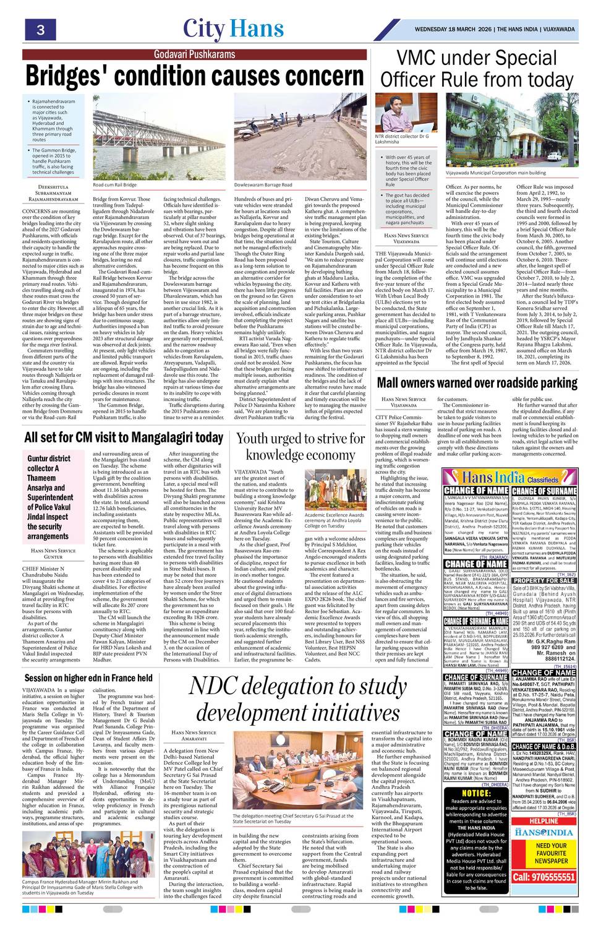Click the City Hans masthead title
[233, 28]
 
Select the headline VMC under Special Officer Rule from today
[476, 69]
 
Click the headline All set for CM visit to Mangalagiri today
[124, 438]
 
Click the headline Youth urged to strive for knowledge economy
[302, 446]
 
